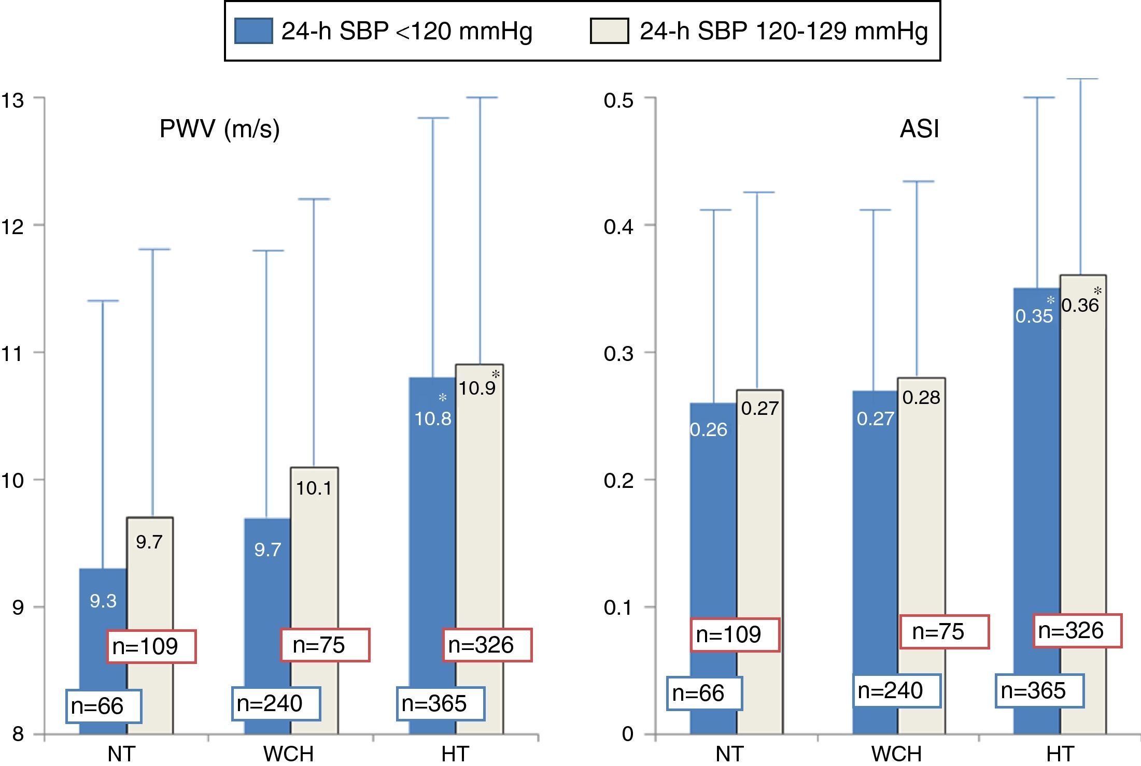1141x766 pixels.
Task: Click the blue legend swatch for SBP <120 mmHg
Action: (253, 31)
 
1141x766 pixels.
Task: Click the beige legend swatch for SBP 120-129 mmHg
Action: (609, 31)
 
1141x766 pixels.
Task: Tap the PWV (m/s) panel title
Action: (219, 128)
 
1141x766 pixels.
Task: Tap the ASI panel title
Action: (919, 128)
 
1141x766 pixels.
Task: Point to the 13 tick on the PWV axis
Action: (13, 99)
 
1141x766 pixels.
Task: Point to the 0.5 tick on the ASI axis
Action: (618, 99)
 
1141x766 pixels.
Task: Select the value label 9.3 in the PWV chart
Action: (103, 601)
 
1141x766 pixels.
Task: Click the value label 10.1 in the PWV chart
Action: (314, 488)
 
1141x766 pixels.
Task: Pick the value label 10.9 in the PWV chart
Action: (477, 388)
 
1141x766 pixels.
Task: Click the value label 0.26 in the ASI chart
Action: (709, 429)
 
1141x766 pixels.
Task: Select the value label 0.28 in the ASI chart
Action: (921, 397)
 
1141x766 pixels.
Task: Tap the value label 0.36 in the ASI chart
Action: (1080, 305)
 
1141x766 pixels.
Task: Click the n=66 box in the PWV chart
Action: (104, 706)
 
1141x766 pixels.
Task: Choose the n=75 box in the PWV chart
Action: (325, 645)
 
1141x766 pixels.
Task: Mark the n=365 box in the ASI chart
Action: (1039, 691)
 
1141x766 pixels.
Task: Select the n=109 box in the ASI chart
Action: (735, 634)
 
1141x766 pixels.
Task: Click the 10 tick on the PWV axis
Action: (13, 480)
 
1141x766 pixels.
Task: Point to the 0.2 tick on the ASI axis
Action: (618, 480)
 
